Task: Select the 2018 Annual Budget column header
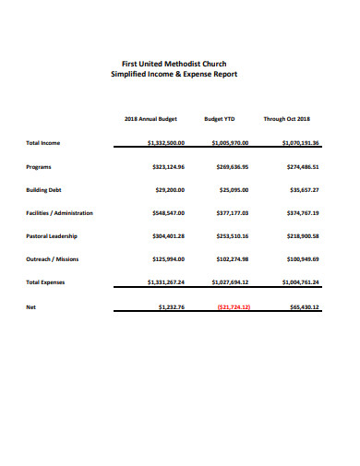point(151,119)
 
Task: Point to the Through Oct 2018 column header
point(287,119)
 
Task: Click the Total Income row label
point(43,143)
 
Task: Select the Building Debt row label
point(44,190)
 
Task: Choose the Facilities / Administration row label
point(59,213)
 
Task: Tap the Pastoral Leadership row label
point(52,236)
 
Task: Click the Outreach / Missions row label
point(52,259)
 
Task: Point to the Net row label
point(30,306)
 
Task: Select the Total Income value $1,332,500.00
point(166,143)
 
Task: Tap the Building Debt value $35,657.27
point(304,190)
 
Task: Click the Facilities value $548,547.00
point(168,213)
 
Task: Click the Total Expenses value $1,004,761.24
point(297,282)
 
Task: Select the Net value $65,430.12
point(303,306)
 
